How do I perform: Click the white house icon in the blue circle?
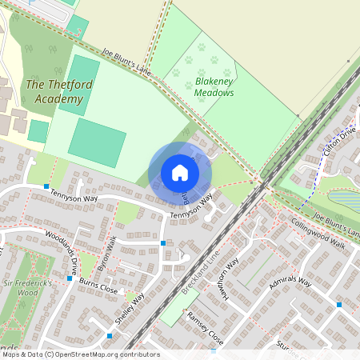coord(180,172)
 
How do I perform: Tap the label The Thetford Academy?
coord(54,91)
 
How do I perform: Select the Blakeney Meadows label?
coord(214,86)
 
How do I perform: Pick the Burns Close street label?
coord(98,284)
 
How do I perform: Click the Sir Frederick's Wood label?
coord(26,288)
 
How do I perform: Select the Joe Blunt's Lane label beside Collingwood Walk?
coord(337,225)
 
